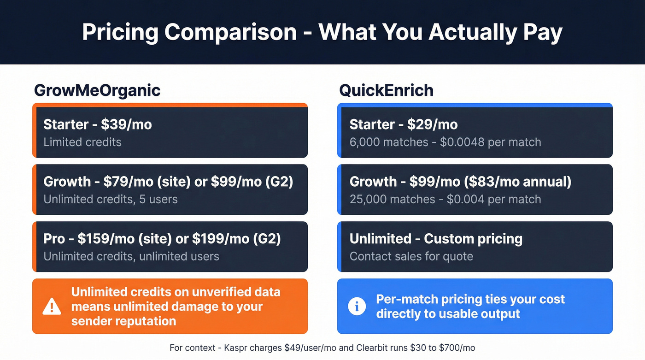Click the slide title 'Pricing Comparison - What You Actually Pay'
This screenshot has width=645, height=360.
click(322, 32)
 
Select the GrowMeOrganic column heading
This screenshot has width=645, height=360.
click(97, 90)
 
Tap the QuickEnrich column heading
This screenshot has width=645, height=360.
click(386, 90)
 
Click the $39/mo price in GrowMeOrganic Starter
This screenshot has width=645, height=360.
click(126, 124)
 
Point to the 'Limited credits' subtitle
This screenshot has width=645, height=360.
click(82, 142)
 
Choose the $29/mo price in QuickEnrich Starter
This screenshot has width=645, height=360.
click(432, 124)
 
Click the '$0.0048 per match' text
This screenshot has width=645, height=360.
click(490, 142)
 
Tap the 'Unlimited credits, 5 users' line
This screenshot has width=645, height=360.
click(111, 199)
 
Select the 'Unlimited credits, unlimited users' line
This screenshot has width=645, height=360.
click(131, 256)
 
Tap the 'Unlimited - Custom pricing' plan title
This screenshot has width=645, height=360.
click(436, 239)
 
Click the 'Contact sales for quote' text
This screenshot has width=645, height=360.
click(411, 256)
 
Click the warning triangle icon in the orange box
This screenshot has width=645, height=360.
click(52, 307)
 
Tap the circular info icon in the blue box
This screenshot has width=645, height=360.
click(357, 306)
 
